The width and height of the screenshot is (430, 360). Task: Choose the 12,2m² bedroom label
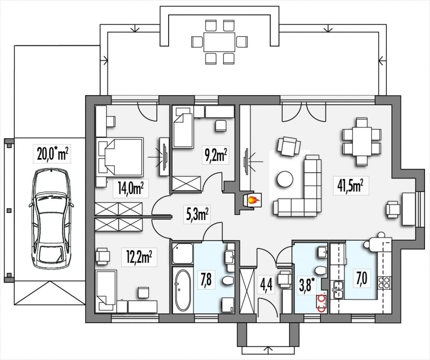click(139, 257)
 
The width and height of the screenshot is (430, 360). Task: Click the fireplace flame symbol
click(253, 200)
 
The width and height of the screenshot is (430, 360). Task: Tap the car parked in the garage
click(51, 218)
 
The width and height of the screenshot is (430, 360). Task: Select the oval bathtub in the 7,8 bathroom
click(183, 291)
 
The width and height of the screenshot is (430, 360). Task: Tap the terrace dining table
click(219, 42)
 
